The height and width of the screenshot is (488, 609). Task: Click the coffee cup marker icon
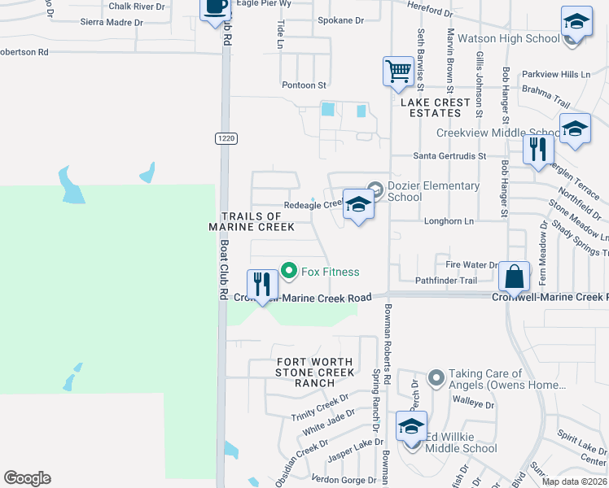pos(215,7)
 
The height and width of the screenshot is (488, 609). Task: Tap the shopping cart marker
pos(397,71)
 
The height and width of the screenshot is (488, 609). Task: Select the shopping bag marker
pos(515,277)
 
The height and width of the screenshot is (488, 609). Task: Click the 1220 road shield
pos(226,139)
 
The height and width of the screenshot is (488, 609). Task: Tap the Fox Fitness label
pos(331,272)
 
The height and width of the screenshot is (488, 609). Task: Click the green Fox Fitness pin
pos(287,269)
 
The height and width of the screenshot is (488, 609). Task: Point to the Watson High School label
pos(508,38)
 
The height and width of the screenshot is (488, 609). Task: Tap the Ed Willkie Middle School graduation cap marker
pos(411,426)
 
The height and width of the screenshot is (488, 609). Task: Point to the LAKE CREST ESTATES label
pos(435,107)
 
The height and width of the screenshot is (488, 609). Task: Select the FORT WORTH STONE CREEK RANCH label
pos(314,373)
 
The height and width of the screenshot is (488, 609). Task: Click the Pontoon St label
pos(304,85)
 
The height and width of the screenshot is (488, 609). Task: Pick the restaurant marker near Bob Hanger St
pos(539,150)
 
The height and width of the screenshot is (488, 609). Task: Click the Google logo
pos(27,478)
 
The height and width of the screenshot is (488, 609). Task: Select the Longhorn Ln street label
pos(449,221)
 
